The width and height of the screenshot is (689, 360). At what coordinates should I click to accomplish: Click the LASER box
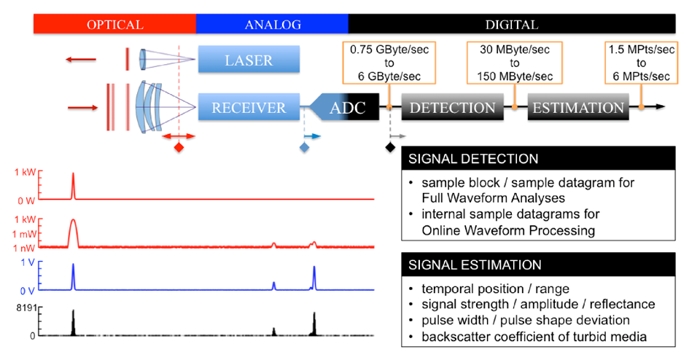point(249,59)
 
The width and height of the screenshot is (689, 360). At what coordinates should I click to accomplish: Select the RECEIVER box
point(249,107)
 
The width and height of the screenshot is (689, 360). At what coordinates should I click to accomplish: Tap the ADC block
point(344,107)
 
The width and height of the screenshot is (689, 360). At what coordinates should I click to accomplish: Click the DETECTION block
point(452,107)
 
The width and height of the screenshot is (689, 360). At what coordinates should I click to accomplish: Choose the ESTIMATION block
point(578,107)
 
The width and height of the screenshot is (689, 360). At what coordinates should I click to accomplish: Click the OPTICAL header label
point(115,25)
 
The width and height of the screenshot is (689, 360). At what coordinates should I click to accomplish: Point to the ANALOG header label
point(273,25)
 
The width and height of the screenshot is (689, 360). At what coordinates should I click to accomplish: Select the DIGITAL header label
point(512,25)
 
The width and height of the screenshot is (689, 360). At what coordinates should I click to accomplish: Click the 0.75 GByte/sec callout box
point(389,63)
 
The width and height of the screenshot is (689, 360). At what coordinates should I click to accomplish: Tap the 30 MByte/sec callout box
point(515,63)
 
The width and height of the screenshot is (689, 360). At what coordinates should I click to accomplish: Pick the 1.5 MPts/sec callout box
point(641,63)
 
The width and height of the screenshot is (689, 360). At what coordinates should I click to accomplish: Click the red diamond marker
point(179,147)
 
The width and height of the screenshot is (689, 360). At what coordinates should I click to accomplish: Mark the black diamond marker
point(390,147)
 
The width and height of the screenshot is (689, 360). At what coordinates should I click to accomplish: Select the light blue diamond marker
point(304,147)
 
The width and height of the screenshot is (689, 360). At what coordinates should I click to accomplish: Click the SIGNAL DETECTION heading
point(473,158)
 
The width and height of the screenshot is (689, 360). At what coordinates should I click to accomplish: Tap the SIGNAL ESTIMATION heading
point(475,265)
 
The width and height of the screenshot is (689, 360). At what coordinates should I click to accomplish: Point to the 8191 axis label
point(26,308)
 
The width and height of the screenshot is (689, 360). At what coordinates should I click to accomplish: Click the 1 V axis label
point(27,262)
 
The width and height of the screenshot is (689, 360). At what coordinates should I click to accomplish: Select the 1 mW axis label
point(24,234)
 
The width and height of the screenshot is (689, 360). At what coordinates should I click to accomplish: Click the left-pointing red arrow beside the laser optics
point(81,59)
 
